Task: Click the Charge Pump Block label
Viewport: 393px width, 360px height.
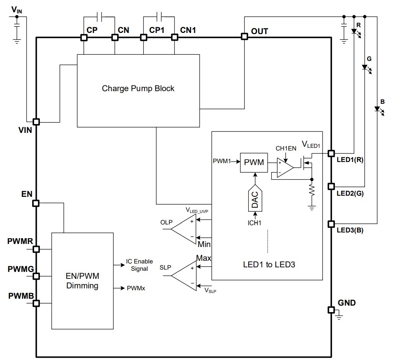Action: [x=138, y=88]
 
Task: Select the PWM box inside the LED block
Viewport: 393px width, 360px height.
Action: [x=254, y=162]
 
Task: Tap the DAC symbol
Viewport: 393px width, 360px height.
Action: [x=254, y=198]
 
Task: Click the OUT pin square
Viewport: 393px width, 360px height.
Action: [x=244, y=37]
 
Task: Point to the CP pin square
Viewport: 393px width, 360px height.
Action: [x=84, y=37]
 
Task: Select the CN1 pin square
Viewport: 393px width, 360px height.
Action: [x=174, y=37]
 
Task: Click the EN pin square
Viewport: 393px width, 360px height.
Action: [x=36, y=203]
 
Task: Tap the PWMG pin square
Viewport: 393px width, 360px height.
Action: [x=36, y=276]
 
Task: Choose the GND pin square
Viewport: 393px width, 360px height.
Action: [x=331, y=309]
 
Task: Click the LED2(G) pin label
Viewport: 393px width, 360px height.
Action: [x=350, y=193]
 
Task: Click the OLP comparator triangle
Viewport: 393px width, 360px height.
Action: [x=184, y=229]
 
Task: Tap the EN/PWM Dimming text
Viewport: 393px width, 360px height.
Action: [x=82, y=281]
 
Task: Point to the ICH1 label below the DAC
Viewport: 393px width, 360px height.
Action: [x=254, y=223]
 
